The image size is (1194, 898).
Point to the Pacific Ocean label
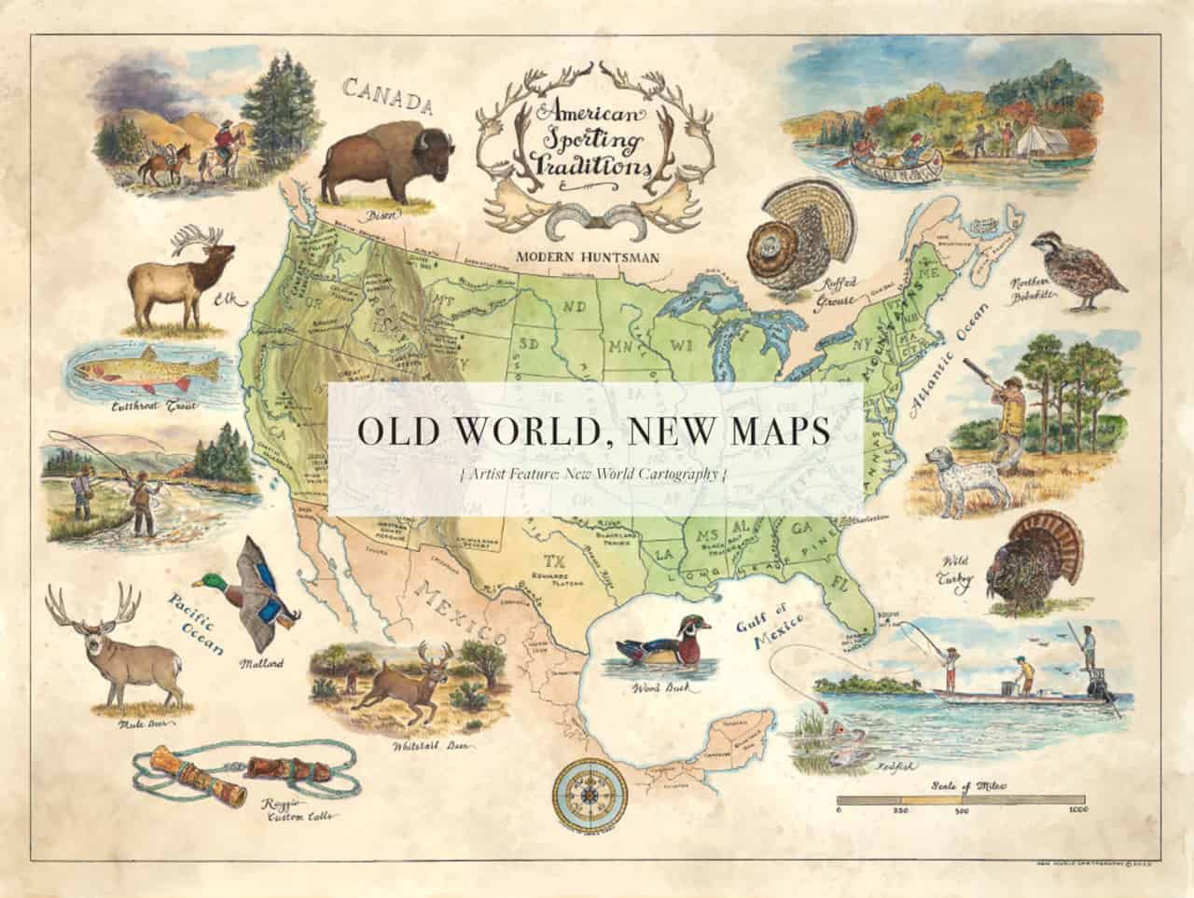point(196,622)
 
